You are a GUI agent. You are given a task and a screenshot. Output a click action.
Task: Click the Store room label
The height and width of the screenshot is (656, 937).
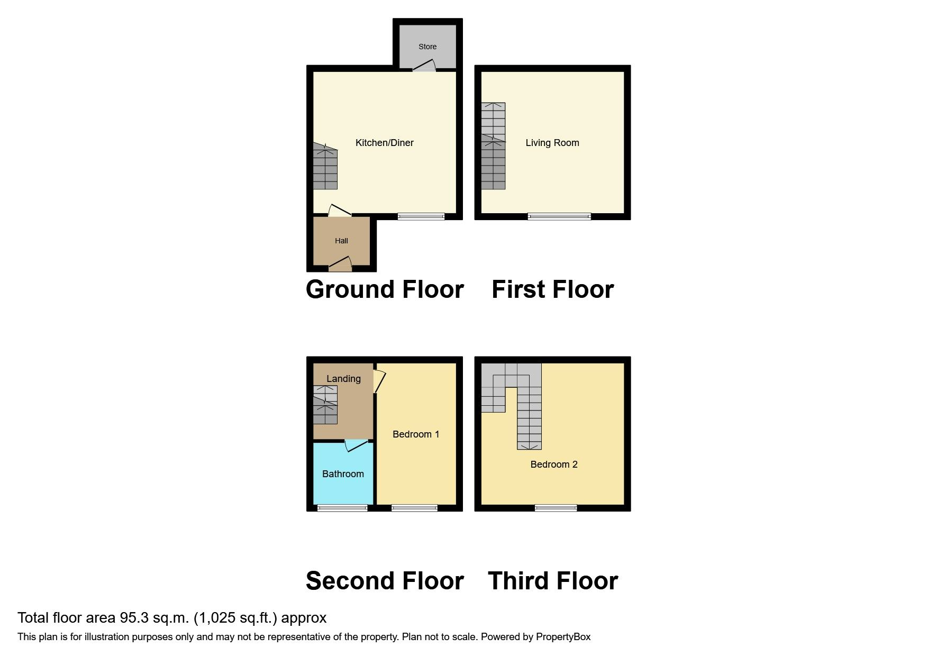427,47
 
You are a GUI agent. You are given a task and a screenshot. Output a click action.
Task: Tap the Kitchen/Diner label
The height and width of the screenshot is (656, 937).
384,143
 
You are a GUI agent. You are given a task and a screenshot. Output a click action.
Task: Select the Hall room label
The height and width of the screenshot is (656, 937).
341,241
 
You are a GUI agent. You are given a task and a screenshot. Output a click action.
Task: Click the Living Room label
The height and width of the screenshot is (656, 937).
552,143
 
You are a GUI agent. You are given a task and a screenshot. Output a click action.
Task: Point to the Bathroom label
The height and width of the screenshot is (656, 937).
343,474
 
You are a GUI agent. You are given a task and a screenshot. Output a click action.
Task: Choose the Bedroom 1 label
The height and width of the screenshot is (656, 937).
416,434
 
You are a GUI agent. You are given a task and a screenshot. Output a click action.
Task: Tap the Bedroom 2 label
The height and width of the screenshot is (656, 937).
554,464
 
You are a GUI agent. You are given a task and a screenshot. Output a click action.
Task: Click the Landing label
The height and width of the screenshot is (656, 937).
343,379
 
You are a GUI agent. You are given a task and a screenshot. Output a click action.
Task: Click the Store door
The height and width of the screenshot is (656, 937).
424,66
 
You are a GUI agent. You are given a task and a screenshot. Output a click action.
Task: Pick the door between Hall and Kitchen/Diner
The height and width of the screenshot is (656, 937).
339,212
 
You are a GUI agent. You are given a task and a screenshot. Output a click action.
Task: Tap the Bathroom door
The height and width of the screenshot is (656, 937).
356,445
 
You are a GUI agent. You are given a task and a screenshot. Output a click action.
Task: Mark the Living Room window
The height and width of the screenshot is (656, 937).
559,216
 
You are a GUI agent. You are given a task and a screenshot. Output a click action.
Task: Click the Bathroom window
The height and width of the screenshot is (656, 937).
342,508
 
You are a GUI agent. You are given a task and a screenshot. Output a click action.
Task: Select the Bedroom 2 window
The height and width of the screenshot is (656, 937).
556,508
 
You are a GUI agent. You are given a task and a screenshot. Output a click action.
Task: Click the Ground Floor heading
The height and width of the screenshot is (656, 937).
385,289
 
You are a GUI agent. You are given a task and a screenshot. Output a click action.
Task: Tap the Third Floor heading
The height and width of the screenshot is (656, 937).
553,581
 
